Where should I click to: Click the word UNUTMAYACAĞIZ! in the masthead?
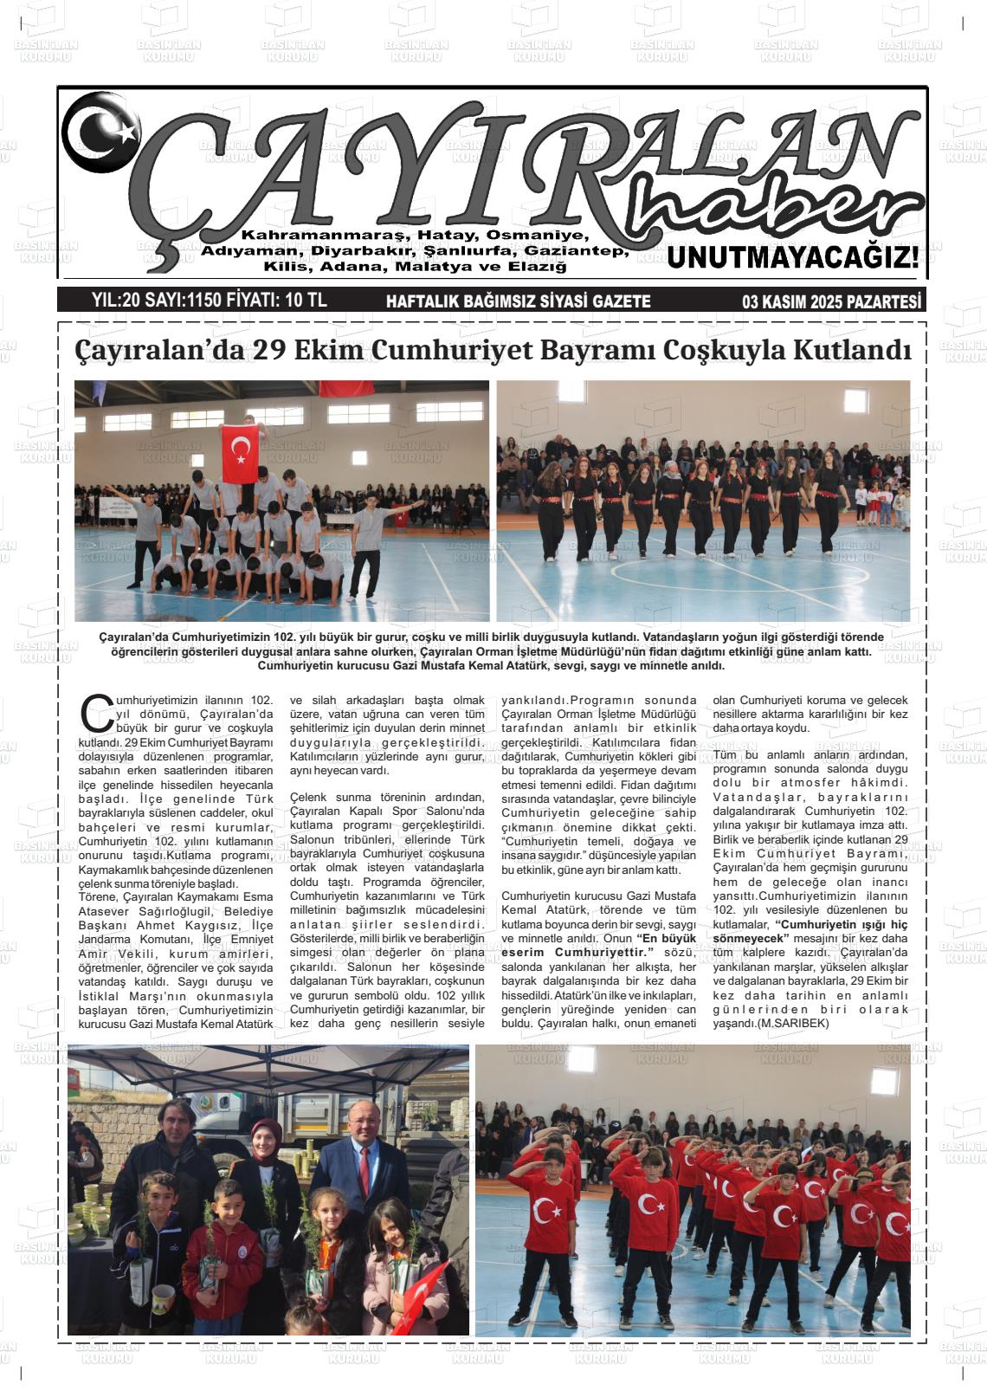[x=792, y=257]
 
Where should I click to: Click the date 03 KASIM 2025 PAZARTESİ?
[x=832, y=301]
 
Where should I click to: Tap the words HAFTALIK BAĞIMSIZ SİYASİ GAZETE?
[x=518, y=301]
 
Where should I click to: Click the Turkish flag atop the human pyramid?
[x=241, y=454]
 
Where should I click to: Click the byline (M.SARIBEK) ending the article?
[x=793, y=1023]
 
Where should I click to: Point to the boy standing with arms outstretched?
[x=368, y=537]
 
